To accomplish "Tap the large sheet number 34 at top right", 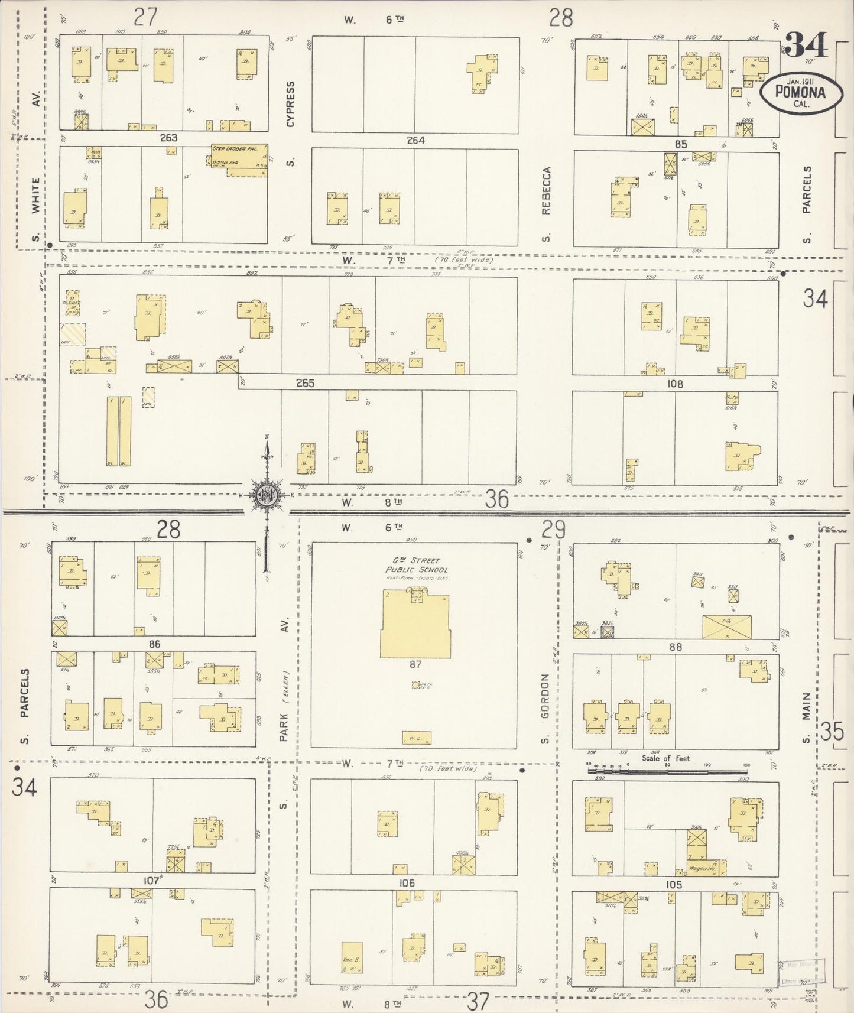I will point(806,44).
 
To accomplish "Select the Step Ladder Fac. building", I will point(236,160).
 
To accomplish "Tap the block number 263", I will point(168,138).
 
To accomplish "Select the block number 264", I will point(415,141).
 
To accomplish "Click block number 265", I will point(305,384).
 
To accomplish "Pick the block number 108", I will point(674,384).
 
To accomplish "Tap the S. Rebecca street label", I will point(545,204).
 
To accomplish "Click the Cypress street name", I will point(290,104).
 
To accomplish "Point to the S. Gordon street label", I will point(545,707).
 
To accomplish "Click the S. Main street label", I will point(806,724).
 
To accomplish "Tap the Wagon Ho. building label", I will point(702,868).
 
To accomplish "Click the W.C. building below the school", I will point(417,738).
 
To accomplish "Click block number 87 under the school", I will point(415,664).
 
